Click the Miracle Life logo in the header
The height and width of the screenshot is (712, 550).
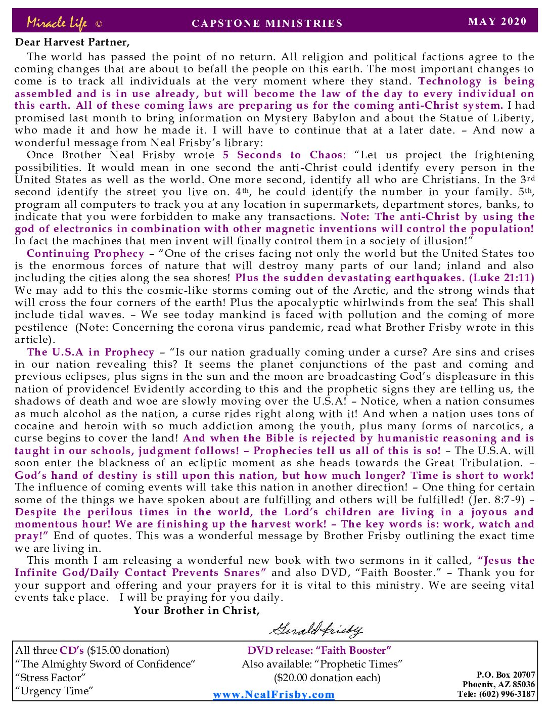tap(57, 23)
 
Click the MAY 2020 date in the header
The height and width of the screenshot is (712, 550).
tap(497, 21)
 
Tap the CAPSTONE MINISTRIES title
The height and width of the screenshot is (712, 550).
tap(267, 23)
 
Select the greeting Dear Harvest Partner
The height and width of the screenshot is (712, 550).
tap(72, 42)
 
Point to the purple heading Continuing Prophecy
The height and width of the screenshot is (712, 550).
tap(85, 254)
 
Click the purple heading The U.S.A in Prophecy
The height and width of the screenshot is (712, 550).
tap(90, 352)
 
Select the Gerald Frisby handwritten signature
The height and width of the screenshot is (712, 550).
tap(316, 630)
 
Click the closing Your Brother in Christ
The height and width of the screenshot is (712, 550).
tap(197, 610)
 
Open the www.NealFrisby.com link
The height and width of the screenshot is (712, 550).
tap(273, 694)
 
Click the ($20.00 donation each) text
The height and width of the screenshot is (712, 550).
tap(327, 678)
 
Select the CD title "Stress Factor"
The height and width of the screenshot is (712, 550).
tap(51, 678)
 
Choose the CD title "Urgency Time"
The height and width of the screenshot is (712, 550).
tap(55, 691)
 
